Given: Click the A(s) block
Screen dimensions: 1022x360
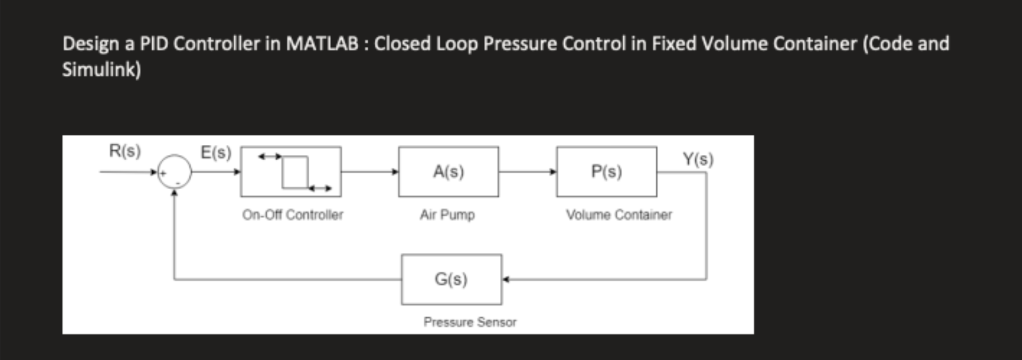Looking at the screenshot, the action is [x=449, y=171].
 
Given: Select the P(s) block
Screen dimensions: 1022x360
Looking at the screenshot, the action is [x=607, y=171].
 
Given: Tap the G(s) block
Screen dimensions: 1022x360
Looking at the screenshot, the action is [x=451, y=279].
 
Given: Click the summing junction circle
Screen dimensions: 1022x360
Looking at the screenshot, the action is [x=175, y=172].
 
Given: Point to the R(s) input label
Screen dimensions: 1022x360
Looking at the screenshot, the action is [x=125, y=151].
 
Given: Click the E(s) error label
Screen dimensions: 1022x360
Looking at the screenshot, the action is [x=216, y=153].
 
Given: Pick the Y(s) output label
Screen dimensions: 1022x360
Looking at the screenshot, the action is [x=698, y=159].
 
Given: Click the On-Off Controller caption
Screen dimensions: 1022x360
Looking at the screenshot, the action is [x=293, y=215].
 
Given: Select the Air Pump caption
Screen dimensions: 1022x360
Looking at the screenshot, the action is [x=447, y=215].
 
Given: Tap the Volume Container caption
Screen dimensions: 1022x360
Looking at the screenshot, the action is [x=619, y=215].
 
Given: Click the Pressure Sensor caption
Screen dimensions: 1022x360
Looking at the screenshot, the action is [x=470, y=322].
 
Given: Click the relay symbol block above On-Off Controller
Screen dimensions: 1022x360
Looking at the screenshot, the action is [x=291, y=171].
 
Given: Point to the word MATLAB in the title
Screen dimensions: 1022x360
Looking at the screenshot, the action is [x=322, y=44].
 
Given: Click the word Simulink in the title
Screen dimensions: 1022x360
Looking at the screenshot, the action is [x=99, y=69].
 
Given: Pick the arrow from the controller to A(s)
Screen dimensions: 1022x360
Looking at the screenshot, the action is [x=370, y=171].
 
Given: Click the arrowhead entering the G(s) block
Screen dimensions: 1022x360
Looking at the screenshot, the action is [x=506, y=279].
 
